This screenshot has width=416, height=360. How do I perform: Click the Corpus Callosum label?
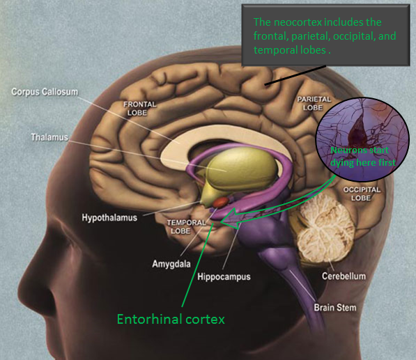pos(45,92)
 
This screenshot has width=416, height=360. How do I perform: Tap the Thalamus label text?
pos(49,137)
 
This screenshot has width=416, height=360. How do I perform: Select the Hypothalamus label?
pos(109,218)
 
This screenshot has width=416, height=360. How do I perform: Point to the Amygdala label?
pos(171,264)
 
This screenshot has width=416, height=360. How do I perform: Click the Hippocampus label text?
pos(224,276)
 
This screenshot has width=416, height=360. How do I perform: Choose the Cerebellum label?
pos(344,276)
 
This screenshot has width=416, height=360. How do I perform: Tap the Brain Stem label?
pos(335,308)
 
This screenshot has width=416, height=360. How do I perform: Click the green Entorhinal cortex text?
pos(171,319)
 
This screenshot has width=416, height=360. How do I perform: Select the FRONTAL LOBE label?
pos(139,109)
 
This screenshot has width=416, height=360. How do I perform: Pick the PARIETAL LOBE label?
pos(314,103)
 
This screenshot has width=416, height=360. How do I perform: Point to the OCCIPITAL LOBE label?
pos(362,194)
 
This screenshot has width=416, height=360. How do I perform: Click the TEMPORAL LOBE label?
pos(186,227)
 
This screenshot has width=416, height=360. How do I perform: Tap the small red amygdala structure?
pos(220,202)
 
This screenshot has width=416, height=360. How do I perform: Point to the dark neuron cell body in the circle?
pos(358,130)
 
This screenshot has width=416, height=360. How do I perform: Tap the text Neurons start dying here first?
pos(362,157)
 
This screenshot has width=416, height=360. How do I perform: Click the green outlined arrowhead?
pos(230,219)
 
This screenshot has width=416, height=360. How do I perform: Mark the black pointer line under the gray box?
pos(295,75)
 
